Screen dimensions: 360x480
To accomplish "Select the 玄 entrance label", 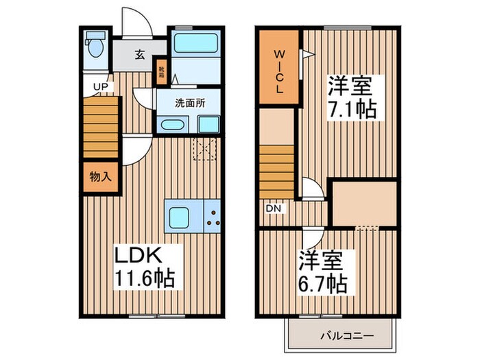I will point(139,56).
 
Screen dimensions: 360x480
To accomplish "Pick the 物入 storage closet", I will point(100,176).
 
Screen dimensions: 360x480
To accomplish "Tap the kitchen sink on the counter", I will point(180,217).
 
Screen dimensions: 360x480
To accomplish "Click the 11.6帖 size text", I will point(144,278).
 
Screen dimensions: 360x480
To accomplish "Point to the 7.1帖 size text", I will point(351,108).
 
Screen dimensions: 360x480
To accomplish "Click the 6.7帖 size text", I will point(322,281).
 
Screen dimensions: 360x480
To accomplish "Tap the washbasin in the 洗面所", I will point(170,124).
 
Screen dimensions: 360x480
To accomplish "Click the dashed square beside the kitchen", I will point(205,148).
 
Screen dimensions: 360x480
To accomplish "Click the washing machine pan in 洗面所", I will point(208,124).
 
